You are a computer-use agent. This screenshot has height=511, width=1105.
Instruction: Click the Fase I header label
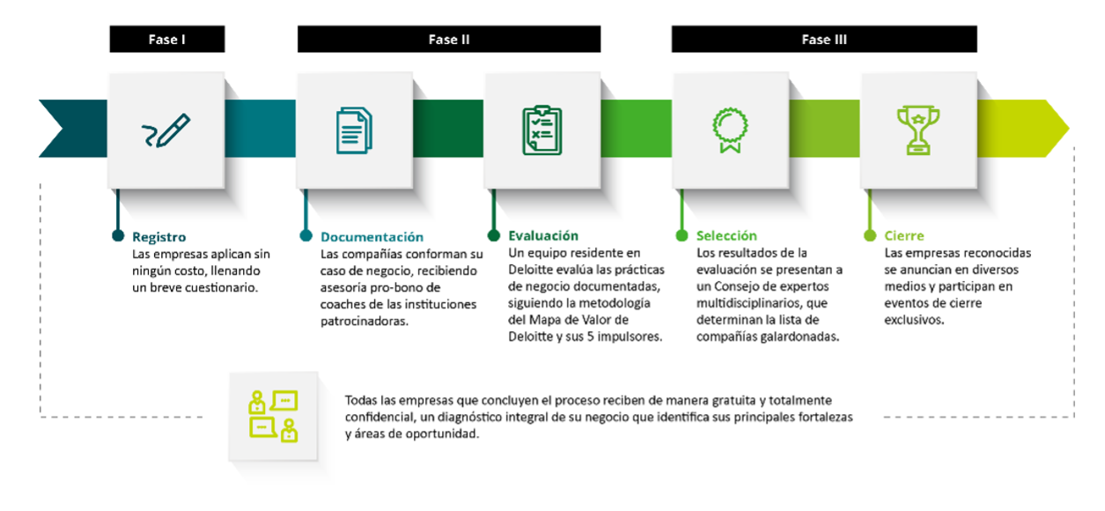point(166,40)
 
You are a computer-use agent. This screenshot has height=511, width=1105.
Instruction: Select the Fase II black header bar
point(449,40)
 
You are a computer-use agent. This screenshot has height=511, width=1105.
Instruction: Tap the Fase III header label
point(824,40)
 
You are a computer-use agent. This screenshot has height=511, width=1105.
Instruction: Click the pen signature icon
point(166,130)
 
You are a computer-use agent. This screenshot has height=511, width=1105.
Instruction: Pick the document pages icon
point(354,130)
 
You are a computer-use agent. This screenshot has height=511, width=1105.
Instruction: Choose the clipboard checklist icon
point(541,130)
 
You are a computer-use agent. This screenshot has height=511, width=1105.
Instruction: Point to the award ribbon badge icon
point(730,130)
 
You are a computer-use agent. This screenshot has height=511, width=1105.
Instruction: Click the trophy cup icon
point(917,130)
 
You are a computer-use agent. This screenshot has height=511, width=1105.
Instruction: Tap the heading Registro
point(158,237)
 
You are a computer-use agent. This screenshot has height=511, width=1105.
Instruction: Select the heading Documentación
point(372,237)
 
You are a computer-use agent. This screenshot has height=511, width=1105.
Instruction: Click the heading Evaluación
point(543,235)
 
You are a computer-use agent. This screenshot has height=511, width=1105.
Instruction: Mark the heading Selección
point(726,236)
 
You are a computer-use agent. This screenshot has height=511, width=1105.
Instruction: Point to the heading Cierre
point(904,236)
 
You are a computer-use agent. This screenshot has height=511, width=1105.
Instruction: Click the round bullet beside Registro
point(118,235)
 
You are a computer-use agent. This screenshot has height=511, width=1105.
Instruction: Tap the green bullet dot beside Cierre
point(869,235)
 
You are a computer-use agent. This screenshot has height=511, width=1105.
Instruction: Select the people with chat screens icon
point(273,416)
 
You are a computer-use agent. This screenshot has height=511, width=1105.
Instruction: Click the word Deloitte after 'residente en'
point(532,269)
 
